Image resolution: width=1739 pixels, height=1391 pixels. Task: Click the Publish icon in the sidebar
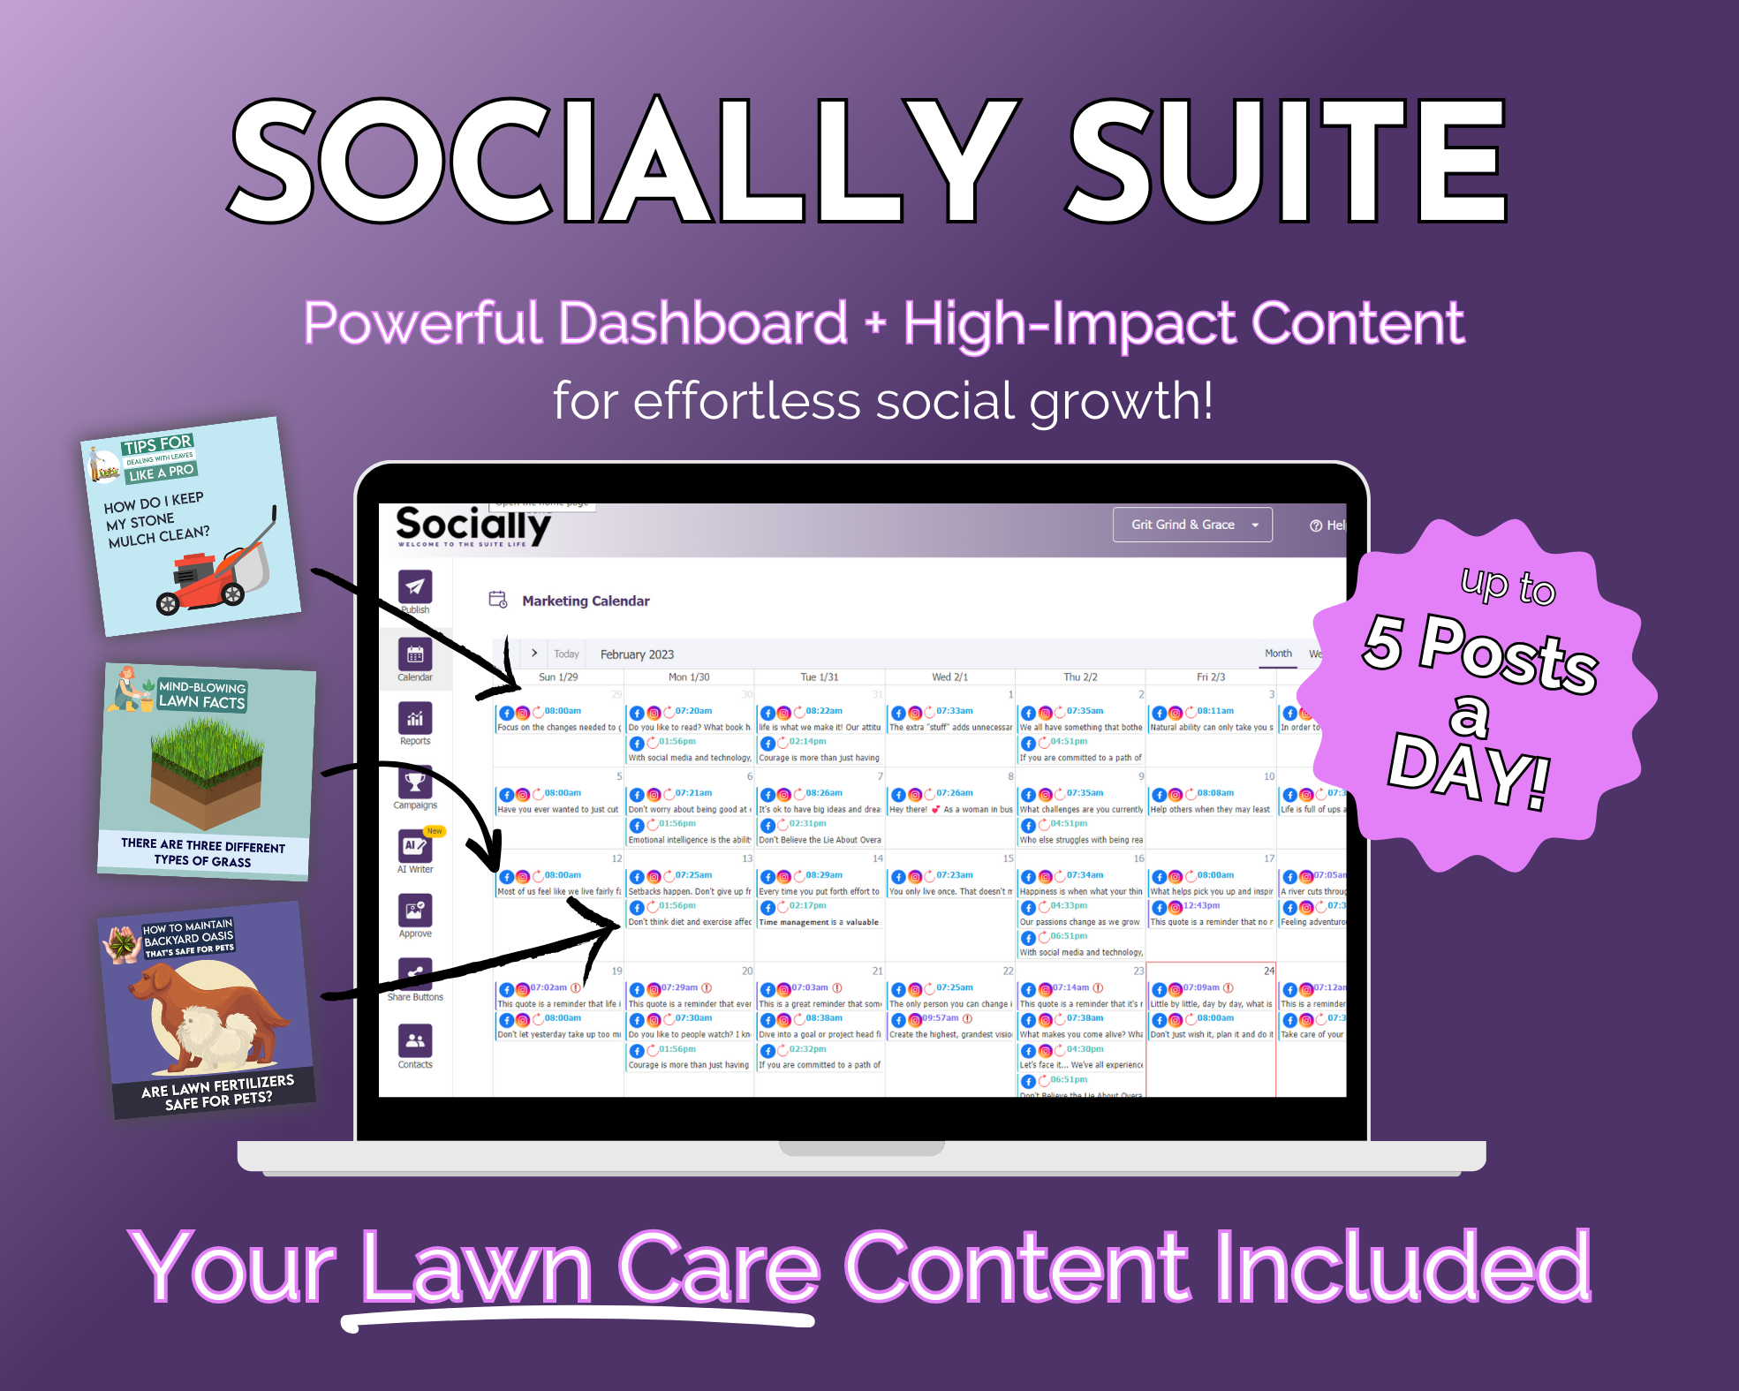(x=414, y=586)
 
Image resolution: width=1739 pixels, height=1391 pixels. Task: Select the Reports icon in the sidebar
(x=414, y=718)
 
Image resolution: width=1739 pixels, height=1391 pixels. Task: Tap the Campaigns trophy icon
(x=414, y=782)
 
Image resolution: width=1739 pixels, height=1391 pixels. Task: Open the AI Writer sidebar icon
(x=414, y=846)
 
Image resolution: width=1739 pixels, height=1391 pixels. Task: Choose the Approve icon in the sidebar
(x=414, y=911)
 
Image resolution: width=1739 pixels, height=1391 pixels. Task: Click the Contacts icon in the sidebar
(x=414, y=1040)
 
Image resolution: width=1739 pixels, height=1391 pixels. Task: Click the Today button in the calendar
(x=566, y=654)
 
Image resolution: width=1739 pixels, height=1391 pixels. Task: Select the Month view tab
(x=1278, y=654)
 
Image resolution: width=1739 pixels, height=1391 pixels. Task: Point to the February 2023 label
(x=637, y=654)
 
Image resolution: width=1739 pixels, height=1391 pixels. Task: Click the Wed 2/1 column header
(x=949, y=677)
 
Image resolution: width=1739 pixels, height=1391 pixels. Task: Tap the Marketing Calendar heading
(x=586, y=601)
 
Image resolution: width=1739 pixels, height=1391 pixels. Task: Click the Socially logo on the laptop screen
(x=473, y=525)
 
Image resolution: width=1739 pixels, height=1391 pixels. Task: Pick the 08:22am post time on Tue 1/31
(x=823, y=711)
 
